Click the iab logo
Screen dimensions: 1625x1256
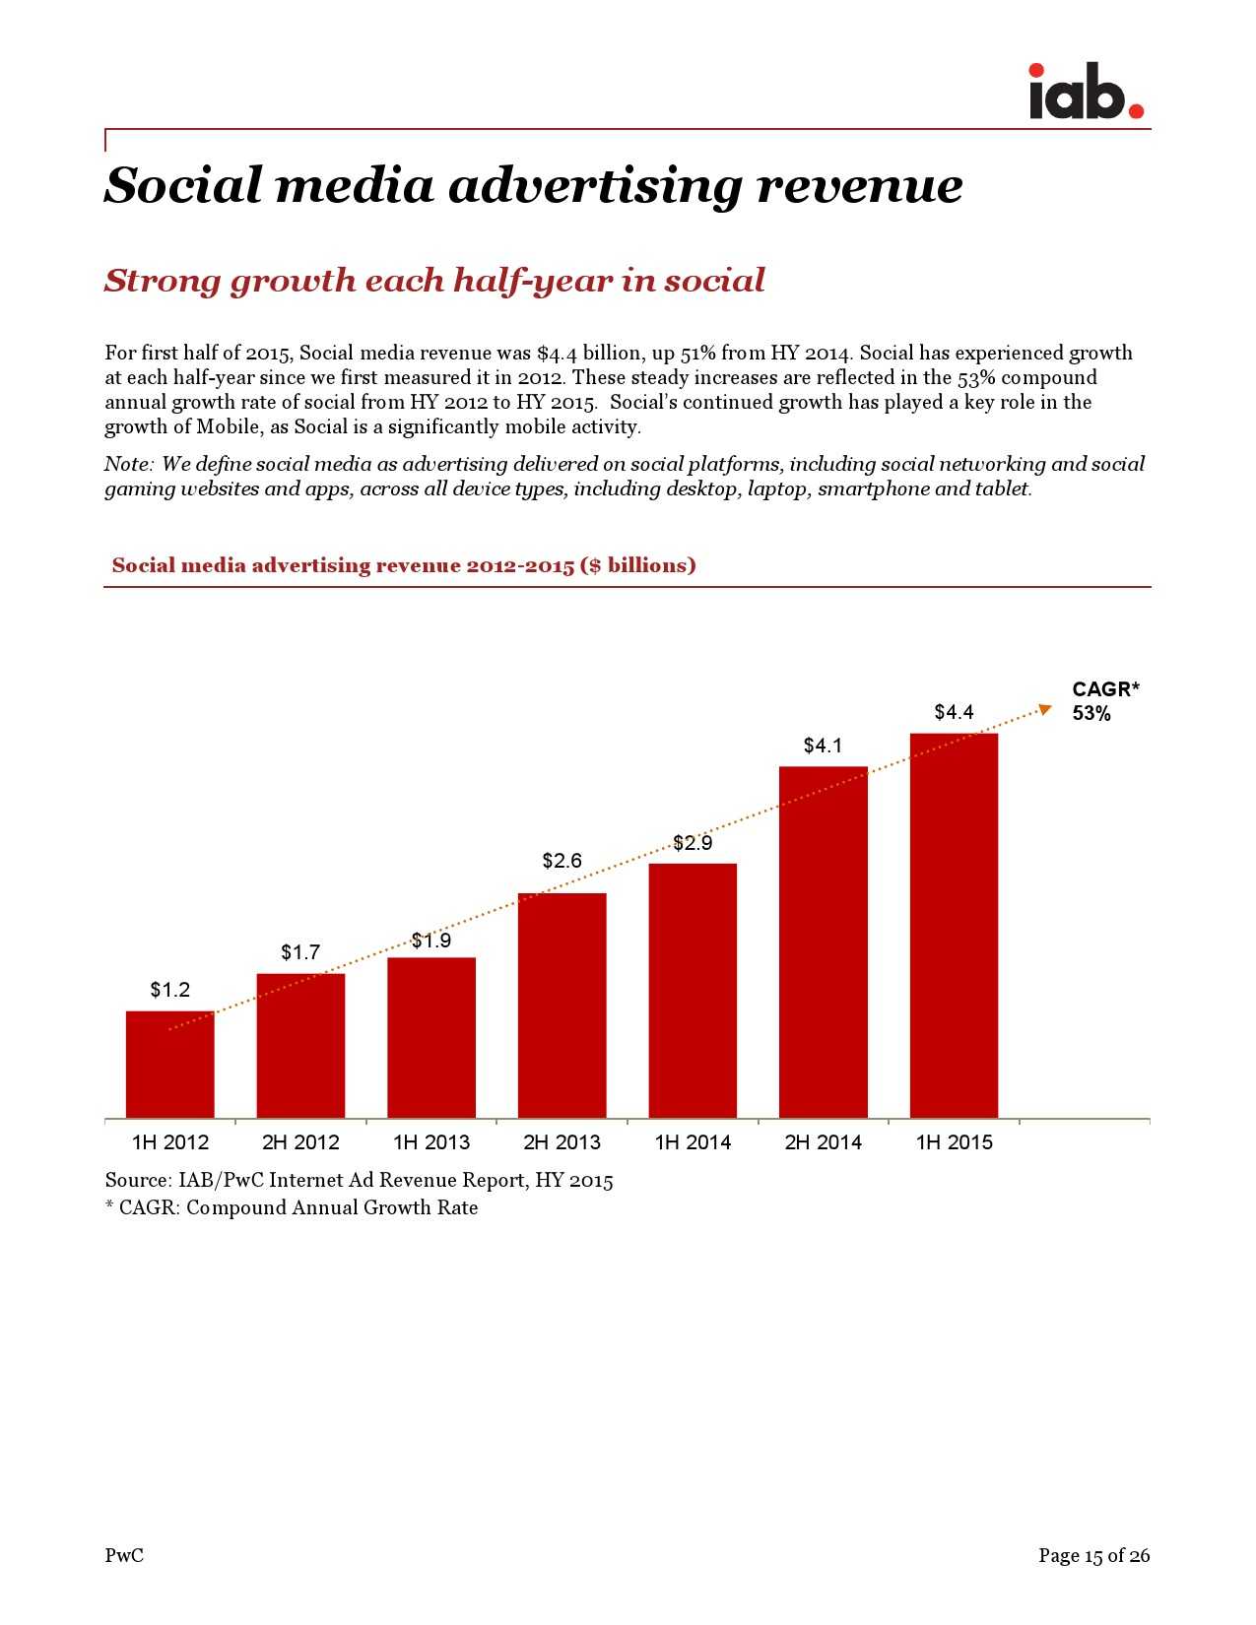(x=1085, y=93)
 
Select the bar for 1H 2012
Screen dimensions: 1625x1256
(x=169, y=1064)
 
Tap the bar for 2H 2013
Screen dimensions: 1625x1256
(x=562, y=1005)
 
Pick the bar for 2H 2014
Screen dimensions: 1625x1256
(x=823, y=941)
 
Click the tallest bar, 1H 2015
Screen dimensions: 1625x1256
(x=954, y=926)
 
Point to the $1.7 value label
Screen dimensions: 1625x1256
(x=300, y=952)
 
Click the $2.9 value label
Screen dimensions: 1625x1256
(x=693, y=843)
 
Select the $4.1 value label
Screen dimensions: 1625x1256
(x=823, y=746)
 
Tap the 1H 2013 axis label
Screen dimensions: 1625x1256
(x=431, y=1142)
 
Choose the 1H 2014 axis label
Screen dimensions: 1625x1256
(x=693, y=1142)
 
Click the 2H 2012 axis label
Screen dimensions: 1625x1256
(x=300, y=1142)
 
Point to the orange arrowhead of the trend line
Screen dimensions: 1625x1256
(x=1046, y=708)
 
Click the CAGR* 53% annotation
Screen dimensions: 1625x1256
(x=1104, y=701)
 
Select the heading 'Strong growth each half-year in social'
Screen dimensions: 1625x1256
(x=434, y=281)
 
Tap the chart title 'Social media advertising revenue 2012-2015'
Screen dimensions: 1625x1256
(x=404, y=565)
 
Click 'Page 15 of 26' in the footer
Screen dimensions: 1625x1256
(x=1093, y=1556)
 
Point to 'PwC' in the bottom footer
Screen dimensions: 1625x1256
(x=124, y=1556)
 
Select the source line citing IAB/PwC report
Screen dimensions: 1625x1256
(x=359, y=1180)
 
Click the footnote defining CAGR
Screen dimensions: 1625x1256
(x=292, y=1207)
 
